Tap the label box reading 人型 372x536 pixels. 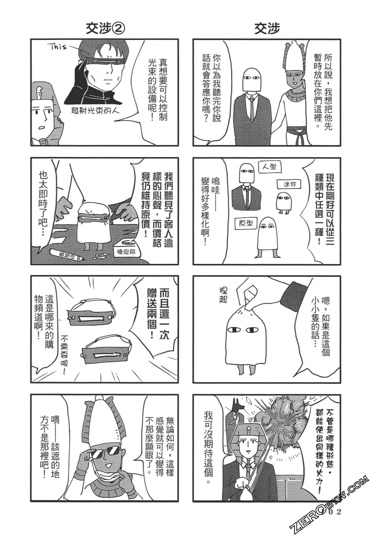[x=270, y=167]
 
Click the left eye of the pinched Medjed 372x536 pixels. [x=233, y=329]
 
